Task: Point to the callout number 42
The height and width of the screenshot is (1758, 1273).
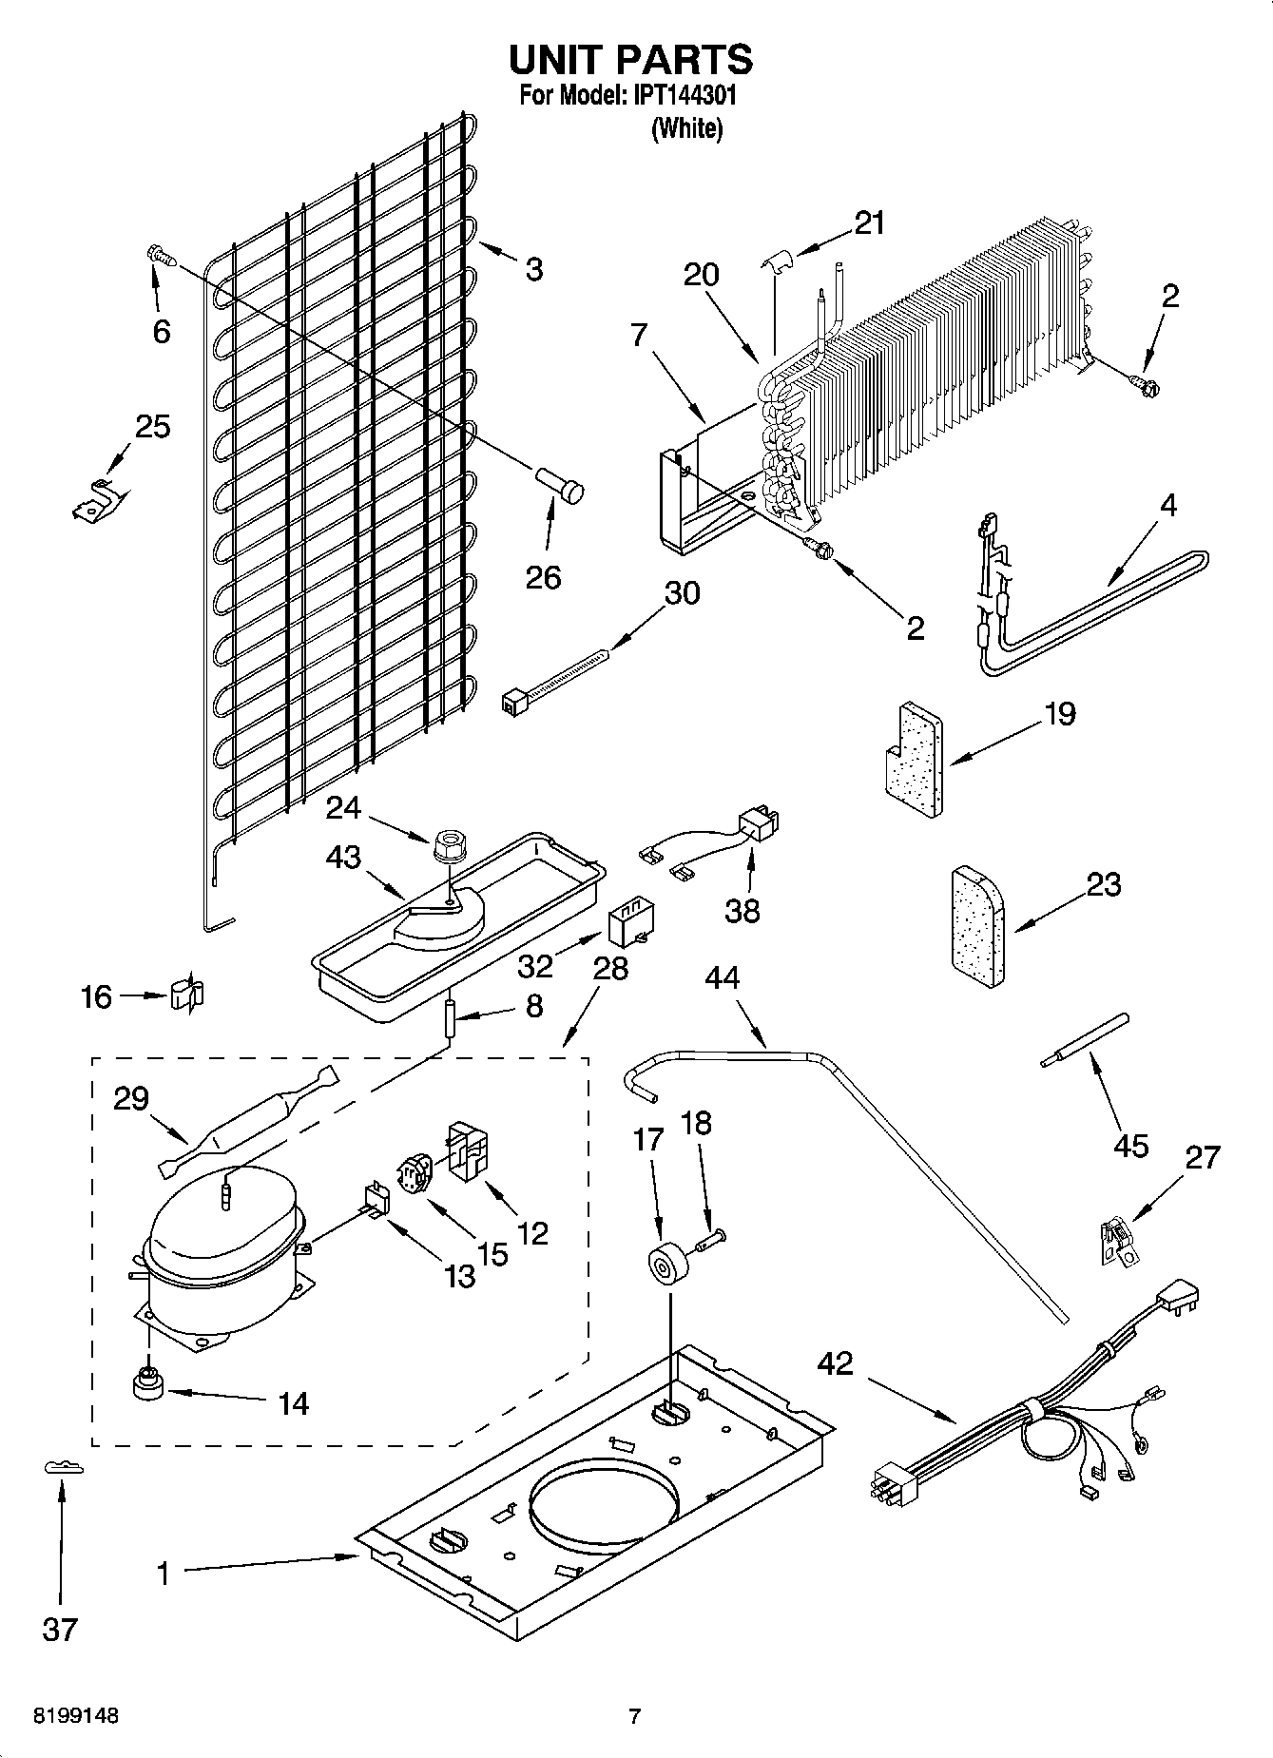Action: point(836,1364)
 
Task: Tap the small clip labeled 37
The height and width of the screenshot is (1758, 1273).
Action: point(64,1469)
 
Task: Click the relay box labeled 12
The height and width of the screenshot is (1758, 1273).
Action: point(468,1149)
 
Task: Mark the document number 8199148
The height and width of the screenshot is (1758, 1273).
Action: point(76,1716)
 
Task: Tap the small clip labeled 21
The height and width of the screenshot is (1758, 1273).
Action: point(778,261)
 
